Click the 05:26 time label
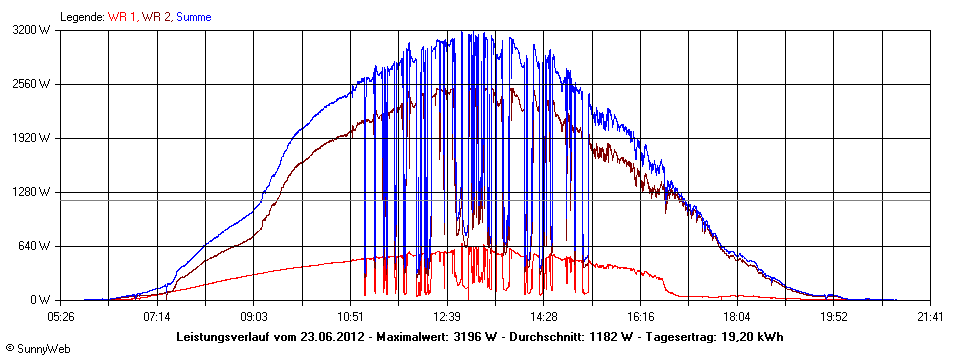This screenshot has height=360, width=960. (61, 317)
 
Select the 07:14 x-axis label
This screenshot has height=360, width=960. (157, 317)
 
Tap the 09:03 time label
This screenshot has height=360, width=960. (254, 317)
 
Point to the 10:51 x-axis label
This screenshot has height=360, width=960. (351, 317)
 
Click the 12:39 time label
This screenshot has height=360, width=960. (447, 317)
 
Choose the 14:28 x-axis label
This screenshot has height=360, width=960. (544, 317)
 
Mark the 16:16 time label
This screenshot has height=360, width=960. (641, 317)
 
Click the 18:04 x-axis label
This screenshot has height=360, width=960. (737, 317)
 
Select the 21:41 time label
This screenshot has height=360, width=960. (930, 317)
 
